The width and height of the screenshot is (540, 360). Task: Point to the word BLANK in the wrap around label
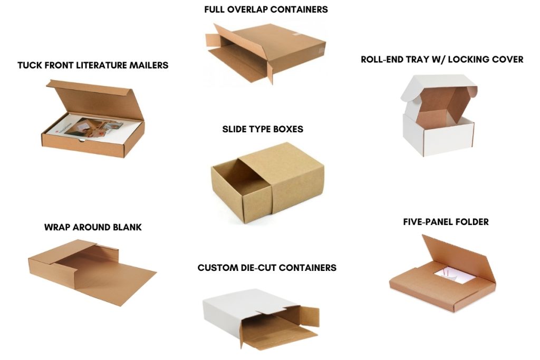127,227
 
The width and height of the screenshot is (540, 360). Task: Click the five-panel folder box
443,279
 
